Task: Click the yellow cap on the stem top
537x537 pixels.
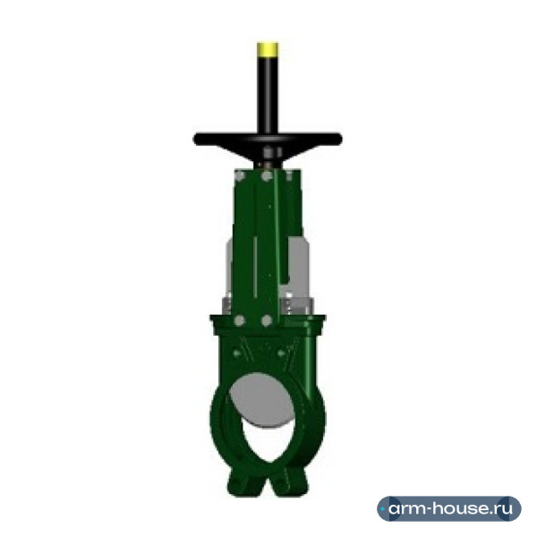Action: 268,49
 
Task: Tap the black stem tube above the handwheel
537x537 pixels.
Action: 268,95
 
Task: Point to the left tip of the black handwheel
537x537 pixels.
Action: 194,139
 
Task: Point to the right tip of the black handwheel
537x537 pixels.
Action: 341,139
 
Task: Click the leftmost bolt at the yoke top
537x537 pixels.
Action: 240,176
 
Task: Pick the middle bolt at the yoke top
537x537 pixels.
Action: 267,176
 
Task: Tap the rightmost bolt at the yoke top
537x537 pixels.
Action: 290,175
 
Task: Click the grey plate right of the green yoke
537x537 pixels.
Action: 297,267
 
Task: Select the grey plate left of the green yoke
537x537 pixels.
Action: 229,270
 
